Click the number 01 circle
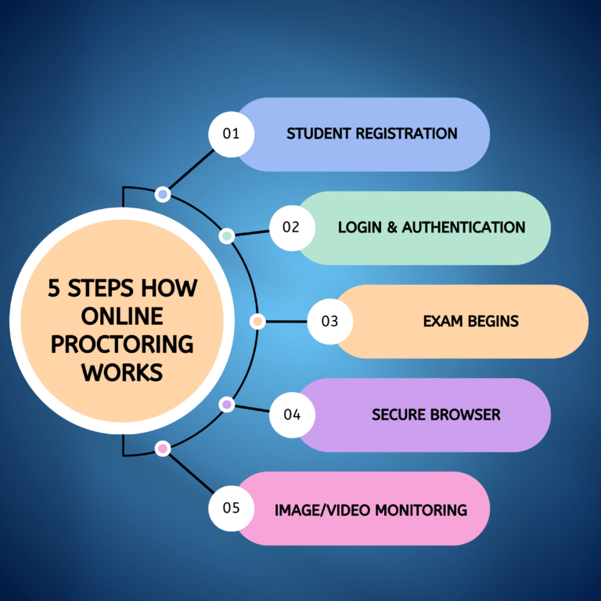(x=231, y=134)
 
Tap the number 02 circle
(x=292, y=228)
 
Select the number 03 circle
(x=329, y=321)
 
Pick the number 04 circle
(x=292, y=415)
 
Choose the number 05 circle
(x=231, y=509)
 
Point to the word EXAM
(x=441, y=321)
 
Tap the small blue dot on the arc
(x=163, y=193)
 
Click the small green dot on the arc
(x=226, y=236)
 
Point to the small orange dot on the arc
(x=257, y=321)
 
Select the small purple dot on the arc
(x=226, y=405)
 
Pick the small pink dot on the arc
(x=163, y=448)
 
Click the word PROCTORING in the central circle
(x=121, y=344)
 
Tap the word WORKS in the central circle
(x=121, y=372)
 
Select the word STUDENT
(x=318, y=134)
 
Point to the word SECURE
(x=399, y=415)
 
